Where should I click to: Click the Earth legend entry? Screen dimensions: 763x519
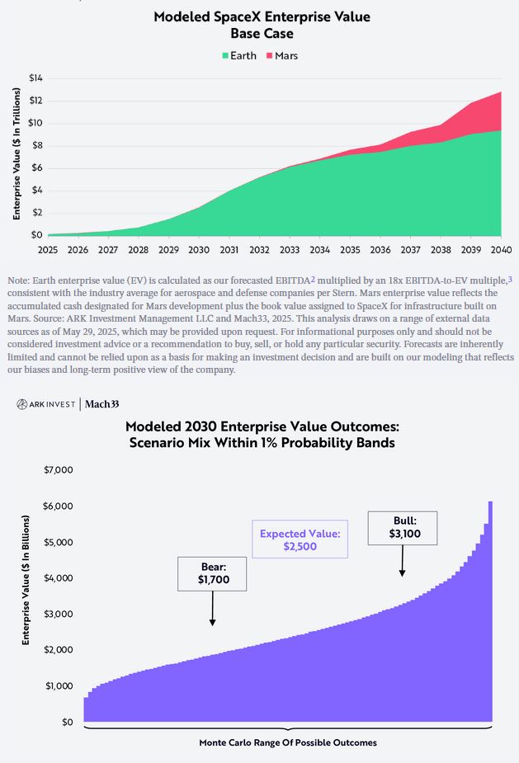[239, 55]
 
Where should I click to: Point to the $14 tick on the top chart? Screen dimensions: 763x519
[35, 78]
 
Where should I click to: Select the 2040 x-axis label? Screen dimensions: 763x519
[500, 249]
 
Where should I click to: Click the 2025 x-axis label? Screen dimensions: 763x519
[48, 249]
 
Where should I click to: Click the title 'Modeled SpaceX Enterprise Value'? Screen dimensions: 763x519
[262, 16]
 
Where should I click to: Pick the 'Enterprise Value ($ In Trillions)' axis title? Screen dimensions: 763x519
[17, 157]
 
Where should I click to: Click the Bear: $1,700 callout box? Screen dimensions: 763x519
[213, 573]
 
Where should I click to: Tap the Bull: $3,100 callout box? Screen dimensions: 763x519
[403, 527]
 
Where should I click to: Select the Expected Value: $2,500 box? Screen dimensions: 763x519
[300, 539]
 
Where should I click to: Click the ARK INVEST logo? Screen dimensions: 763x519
[46, 404]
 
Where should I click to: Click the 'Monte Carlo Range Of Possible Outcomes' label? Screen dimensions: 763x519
[287, 742]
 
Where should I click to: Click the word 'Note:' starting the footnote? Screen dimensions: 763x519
[19, 281]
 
